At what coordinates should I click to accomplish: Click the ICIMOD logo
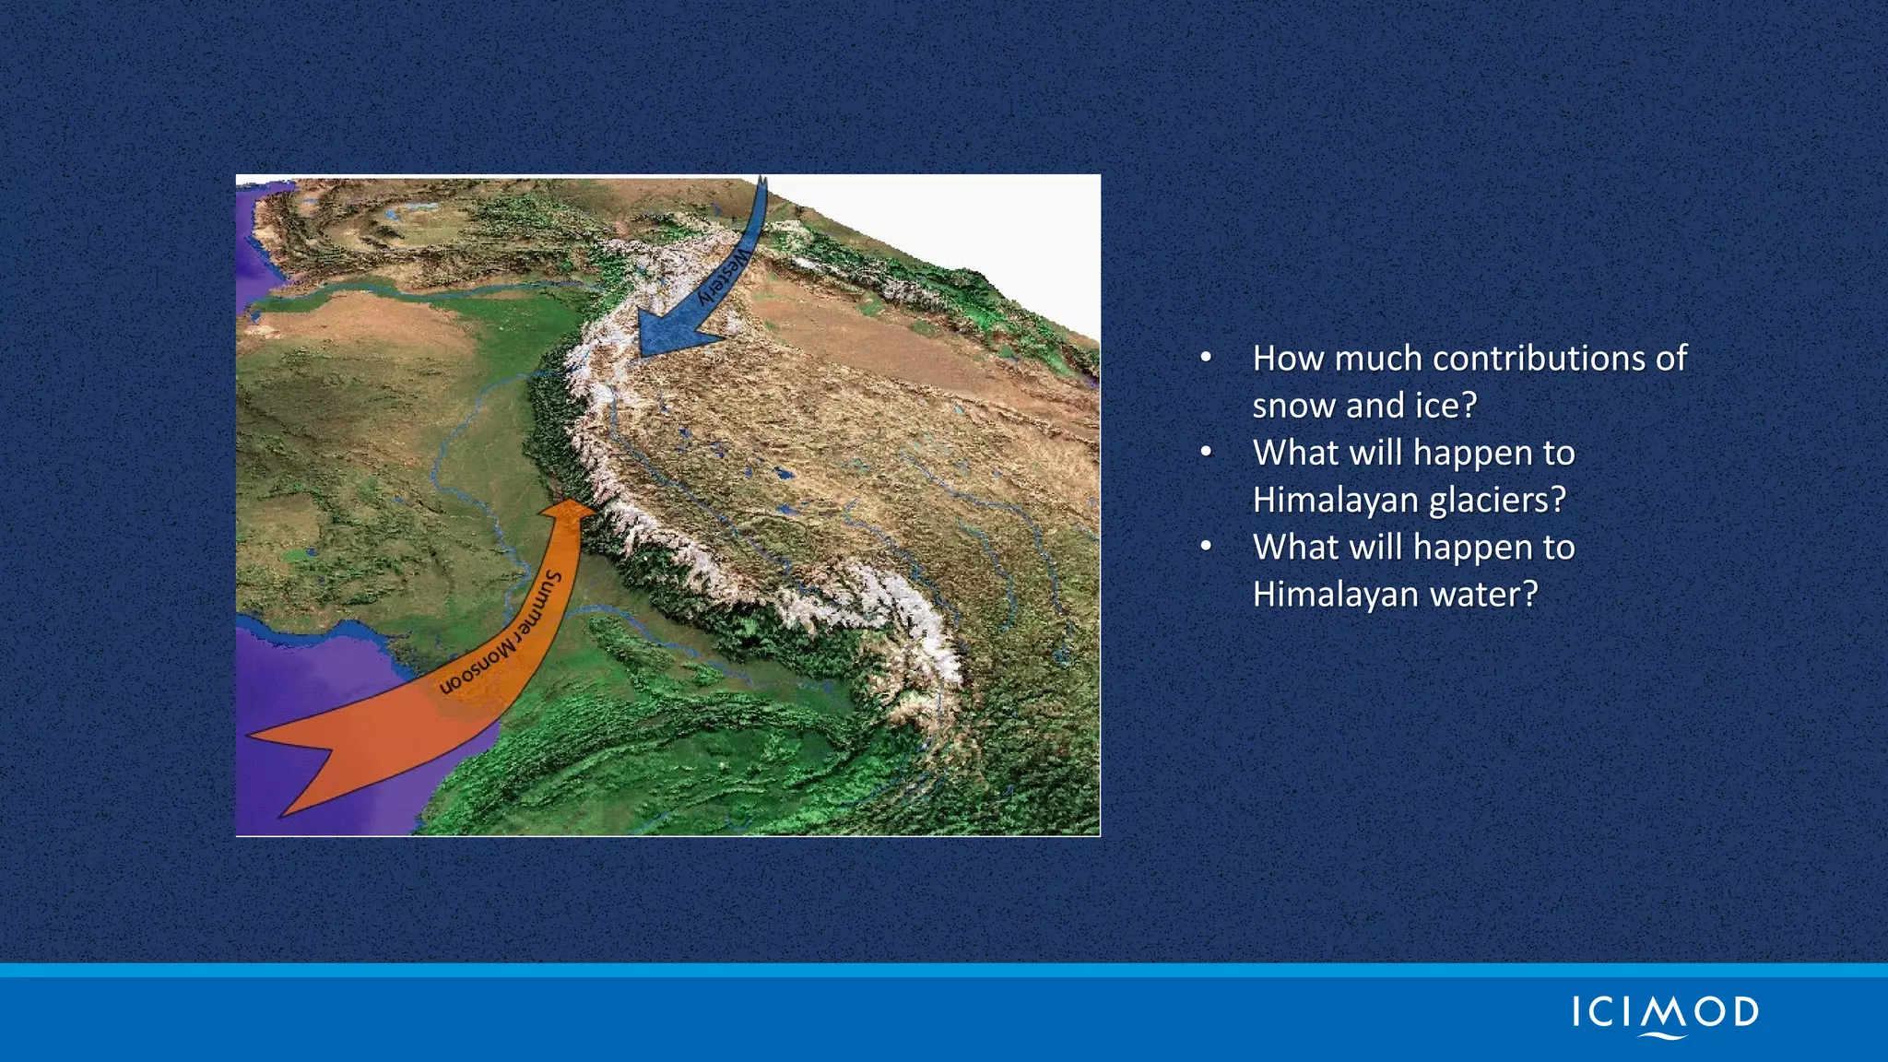(x=1665, y=1014)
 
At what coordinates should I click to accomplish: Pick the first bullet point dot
(x=1206, y=358)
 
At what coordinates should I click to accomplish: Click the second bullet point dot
(x=1206, y=452)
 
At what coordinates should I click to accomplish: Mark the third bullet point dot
(x=1206, y=547)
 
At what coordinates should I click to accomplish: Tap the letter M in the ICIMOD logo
(x=1665, y=1012)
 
